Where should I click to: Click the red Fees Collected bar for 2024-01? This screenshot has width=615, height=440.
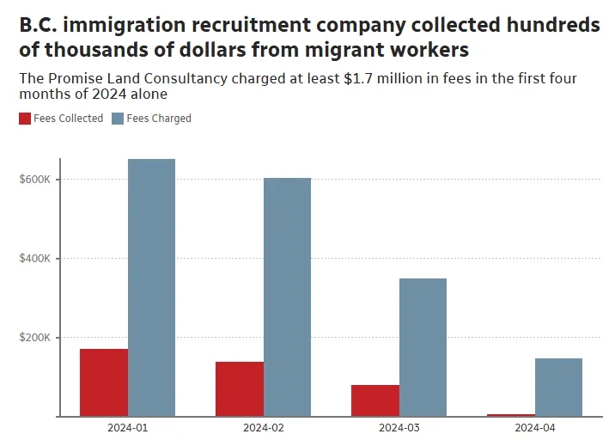point(103,382)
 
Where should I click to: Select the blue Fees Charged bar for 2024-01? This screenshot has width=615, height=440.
point(151,288)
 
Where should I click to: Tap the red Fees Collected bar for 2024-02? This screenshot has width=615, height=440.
point(240,388)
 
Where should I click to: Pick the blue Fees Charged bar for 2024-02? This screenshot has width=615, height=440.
point(287,296)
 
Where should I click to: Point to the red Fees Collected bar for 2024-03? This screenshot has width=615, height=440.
point(375,400)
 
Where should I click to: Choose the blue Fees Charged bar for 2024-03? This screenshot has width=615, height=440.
point(423,347)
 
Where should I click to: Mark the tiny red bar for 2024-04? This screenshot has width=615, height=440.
point(510,415)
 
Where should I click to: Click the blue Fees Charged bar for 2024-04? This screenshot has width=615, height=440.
point(558,387)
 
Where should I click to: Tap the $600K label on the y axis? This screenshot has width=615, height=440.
point(35,180)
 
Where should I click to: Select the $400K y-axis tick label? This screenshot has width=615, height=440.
point(35,259)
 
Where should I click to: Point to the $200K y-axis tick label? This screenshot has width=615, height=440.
point(35,338)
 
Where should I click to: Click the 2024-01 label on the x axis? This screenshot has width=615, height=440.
point(126,427)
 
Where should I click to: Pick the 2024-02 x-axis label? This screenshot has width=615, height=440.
point(263,427)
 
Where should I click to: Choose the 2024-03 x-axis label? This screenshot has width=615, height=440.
point(399,427)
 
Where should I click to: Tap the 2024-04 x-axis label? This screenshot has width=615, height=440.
point(534,427)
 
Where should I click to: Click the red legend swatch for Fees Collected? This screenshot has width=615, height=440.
point(25,119)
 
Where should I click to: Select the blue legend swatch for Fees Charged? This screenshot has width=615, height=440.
point(118,119)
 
